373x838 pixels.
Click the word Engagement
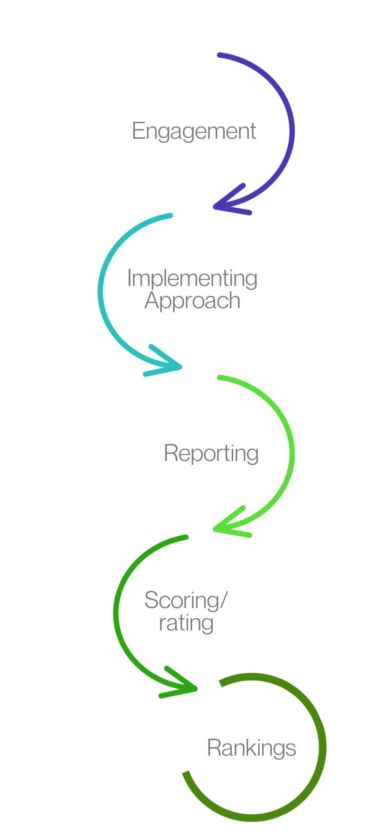[x=194, y=131]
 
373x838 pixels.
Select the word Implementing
[x=192, y=279]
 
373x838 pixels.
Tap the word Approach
[x=192, y=301]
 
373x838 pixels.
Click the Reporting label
[x=211, y=453]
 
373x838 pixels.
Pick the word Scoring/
[x=186, y=600]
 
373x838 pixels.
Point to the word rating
[x=186, y=623]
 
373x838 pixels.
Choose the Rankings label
[x=251, y=748]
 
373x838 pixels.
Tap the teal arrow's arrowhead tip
[x=180, y=367]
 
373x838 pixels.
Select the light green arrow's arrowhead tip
[x=215, y=529]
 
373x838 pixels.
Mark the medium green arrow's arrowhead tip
[x=196, y=688]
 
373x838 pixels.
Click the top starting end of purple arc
[x=219, y=55]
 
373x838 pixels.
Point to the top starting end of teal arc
[x=171, y=216]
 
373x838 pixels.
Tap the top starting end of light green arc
[x=219, y=377]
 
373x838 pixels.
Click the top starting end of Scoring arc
[x=186, y=537]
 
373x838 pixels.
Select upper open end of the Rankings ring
[x=221, y=683]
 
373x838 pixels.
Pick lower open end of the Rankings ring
[x=186, y=773]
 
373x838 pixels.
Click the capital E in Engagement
[x=138, y=131]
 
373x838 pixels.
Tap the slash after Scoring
[x=224, y=600]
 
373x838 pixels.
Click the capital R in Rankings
[x=213, y=748]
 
